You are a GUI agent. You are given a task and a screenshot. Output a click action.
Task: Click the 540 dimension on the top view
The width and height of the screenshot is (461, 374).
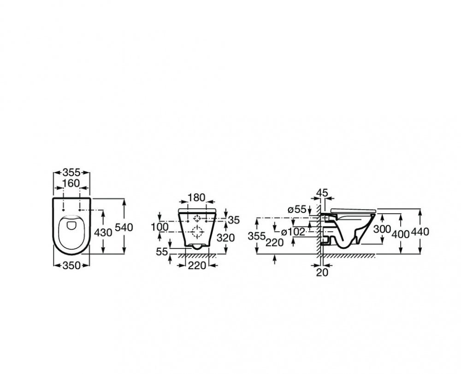[124, 227]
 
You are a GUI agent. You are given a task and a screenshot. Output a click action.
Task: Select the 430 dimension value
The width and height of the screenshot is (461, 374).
[103, 233]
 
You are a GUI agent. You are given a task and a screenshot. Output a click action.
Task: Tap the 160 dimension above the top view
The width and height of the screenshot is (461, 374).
[71, 183]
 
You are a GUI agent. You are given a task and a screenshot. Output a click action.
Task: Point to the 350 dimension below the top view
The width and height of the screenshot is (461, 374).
[71, 265]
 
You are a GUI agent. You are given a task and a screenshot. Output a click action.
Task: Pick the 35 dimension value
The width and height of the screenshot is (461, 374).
[234, 220]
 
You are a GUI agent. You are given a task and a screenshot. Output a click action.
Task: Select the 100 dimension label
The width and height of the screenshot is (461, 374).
[160, 227]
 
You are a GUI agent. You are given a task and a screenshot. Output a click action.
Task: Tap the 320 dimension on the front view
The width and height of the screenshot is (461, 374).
[226, 237]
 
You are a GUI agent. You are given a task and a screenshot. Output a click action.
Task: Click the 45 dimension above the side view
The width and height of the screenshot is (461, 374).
[322, 193]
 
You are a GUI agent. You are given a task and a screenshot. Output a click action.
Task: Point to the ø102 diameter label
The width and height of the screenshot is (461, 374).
[293, 232]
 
